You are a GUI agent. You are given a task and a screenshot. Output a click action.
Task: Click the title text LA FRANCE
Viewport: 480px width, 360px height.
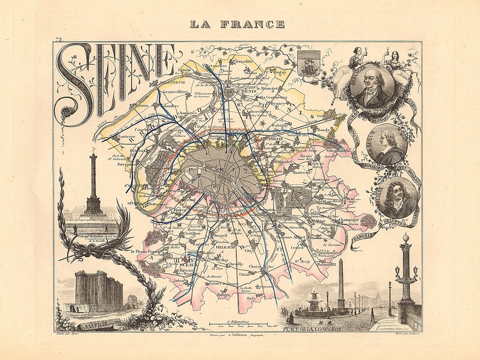click(x=237, y=24)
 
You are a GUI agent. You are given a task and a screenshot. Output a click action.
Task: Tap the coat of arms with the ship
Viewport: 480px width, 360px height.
click(x=309, y=64)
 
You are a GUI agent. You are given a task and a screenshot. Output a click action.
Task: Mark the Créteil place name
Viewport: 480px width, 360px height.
click(x=298, y=248)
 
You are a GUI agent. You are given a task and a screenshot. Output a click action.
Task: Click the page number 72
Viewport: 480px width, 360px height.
click(x=59, y=40)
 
